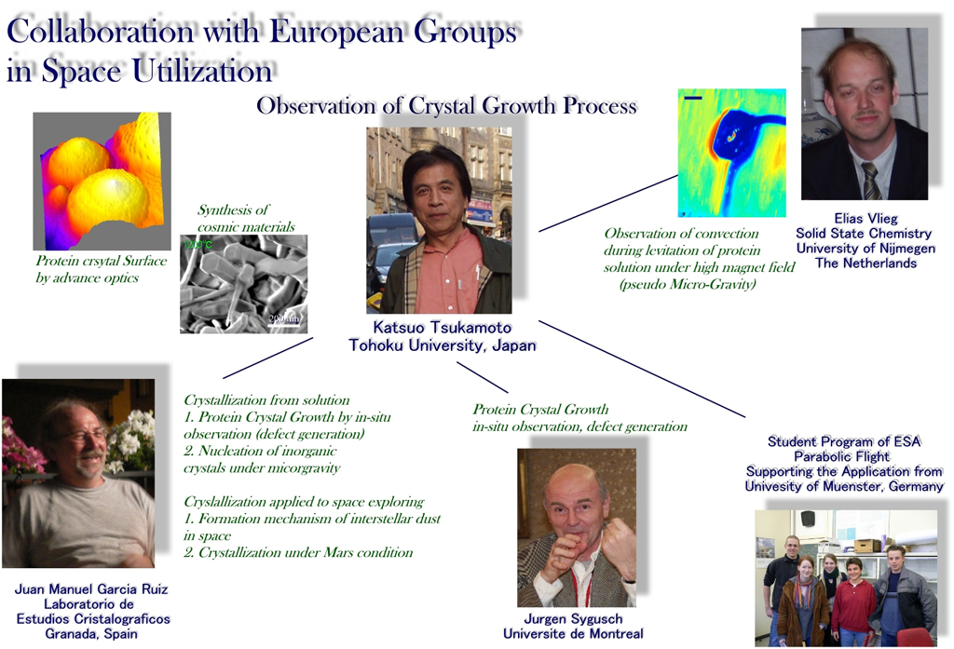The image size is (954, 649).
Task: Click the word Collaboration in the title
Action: [x=101, y=32]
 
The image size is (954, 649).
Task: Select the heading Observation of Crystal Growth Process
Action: [x=446, y=106]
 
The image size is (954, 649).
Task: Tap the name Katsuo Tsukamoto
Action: [x=443, y=327]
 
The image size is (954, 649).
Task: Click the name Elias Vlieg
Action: [x=865, y=219]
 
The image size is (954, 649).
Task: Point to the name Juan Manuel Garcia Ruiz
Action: [x=91, y=588]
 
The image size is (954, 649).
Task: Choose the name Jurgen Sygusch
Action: [x=574, y=618]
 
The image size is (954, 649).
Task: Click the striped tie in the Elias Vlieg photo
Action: [x=871, y=182]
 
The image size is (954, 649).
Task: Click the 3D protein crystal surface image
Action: [x=102, y=182]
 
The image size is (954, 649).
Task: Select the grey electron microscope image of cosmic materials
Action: [x=243, y=284]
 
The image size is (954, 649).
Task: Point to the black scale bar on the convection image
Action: [x=693, y=98]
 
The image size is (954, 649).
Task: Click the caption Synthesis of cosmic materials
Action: [x=246, y=219]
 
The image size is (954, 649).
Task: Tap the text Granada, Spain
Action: [x=91, y=634]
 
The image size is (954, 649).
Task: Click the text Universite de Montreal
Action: [x=573, y=634]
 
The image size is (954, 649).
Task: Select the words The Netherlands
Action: [x=865, y=264]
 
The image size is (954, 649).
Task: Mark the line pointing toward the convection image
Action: [x=608, y=203]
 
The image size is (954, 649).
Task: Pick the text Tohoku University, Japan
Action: [x=443, y=345]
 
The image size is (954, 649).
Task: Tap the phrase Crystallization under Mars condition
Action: [x=298, y=552]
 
